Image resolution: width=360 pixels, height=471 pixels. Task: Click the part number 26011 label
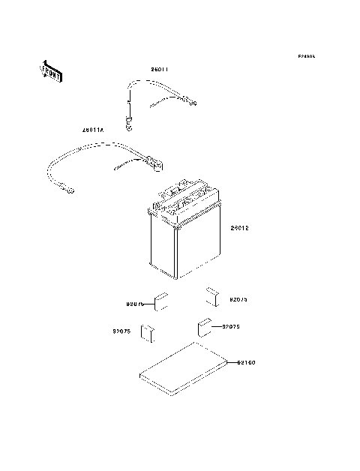pyautogui.click(x=158, y=70)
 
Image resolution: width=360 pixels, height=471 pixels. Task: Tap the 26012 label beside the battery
pyautogui.click(x=238, y=228)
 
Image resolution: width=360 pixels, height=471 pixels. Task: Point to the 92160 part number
pyautogui.click(x=246, y=363)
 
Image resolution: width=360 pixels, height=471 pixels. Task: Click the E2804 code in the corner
pyautogui.click(x=305, y=56)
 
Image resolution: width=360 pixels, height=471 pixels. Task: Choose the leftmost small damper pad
pyautogui.click(x=148, y=332)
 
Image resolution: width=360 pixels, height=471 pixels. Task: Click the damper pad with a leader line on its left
pyautogui.click(x=160, y=303)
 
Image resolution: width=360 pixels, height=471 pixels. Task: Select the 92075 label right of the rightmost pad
pyautogui.click(x=238, y=299)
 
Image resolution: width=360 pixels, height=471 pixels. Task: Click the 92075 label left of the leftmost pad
pyautogui.click(x=122, y=331)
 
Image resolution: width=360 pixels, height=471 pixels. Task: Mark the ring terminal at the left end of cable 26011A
pyautogui.click(x=70, y=190)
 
